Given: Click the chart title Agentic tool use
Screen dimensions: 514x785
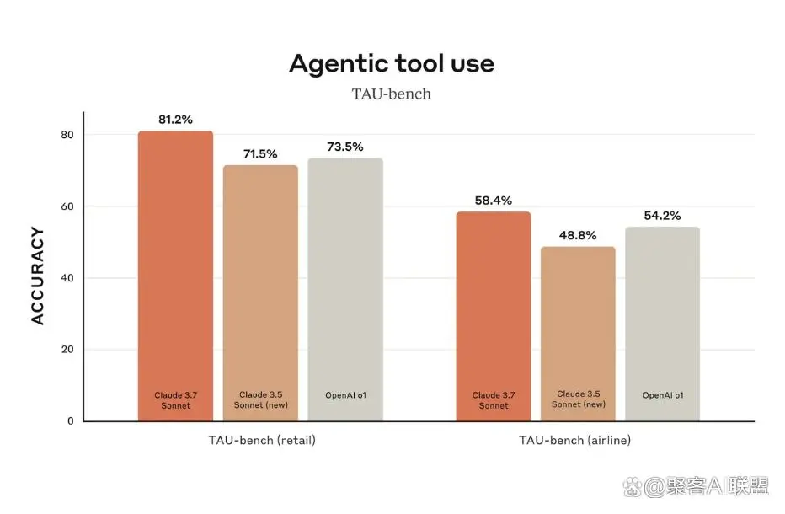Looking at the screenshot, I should click(x=392, y=63).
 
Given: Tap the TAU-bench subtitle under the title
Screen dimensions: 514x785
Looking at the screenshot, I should click(x=392, y=94).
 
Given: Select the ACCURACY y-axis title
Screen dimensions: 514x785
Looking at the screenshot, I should click(x=37, y=276).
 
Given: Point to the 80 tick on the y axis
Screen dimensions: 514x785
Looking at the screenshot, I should click(x=67, y=135).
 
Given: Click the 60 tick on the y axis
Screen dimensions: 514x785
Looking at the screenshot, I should click(x=67, y=206).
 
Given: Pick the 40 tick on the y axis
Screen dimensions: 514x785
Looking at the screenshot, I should click(x=67, y=278).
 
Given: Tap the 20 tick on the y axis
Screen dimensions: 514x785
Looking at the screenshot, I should click(x=67, y=350).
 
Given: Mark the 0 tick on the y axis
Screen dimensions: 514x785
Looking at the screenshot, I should click(x=70, y=420).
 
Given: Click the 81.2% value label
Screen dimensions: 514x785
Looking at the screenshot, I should click(x=175, y=120).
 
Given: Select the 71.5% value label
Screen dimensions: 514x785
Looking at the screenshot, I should click(x=259, y=153).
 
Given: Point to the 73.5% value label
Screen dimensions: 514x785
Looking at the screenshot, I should click(x=345, y=147).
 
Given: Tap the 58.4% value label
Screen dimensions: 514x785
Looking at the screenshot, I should click(x=494, y=201).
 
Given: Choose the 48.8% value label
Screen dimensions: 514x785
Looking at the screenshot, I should click(x=578, y=235).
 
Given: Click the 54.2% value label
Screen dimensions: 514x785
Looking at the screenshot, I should click(x=662, y=216).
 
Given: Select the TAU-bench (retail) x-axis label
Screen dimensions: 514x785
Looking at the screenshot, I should click(x=262, y=440).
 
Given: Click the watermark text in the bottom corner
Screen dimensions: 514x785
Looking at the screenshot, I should click(x=708, y=486).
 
